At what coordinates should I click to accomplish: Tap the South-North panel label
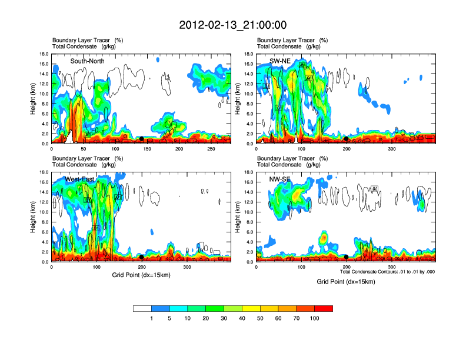pos(88,61)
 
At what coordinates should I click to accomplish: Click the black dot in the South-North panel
pos(142,139)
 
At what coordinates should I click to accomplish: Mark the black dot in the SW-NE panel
pos(347,139)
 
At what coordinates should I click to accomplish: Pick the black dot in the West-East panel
pos(142,257)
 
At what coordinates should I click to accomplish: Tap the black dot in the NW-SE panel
pos(347,257)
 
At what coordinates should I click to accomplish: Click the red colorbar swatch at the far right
pos(324,308)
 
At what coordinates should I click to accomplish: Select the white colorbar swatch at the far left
pos(142,308)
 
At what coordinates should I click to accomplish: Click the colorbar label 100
pos(315,318)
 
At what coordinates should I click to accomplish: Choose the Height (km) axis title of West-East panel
pos(34,217)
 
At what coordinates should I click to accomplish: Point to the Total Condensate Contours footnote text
pos(387,272)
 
